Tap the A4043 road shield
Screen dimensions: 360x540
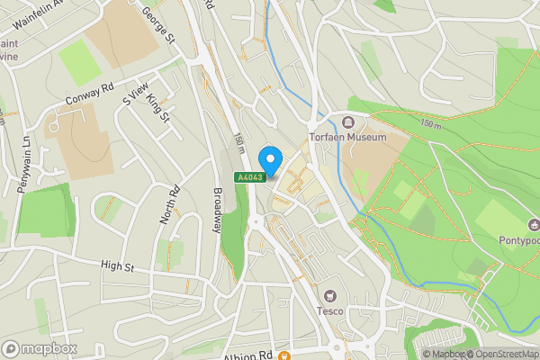[x=250, y=177]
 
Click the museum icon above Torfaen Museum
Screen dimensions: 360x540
[x=348, y=122]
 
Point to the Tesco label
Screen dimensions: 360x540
[x=330, y=310]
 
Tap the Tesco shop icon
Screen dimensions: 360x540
[x=330, y=295]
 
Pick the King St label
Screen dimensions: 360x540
[x=158, y=106]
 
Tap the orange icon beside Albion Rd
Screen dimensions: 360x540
[x=283, y=355]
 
